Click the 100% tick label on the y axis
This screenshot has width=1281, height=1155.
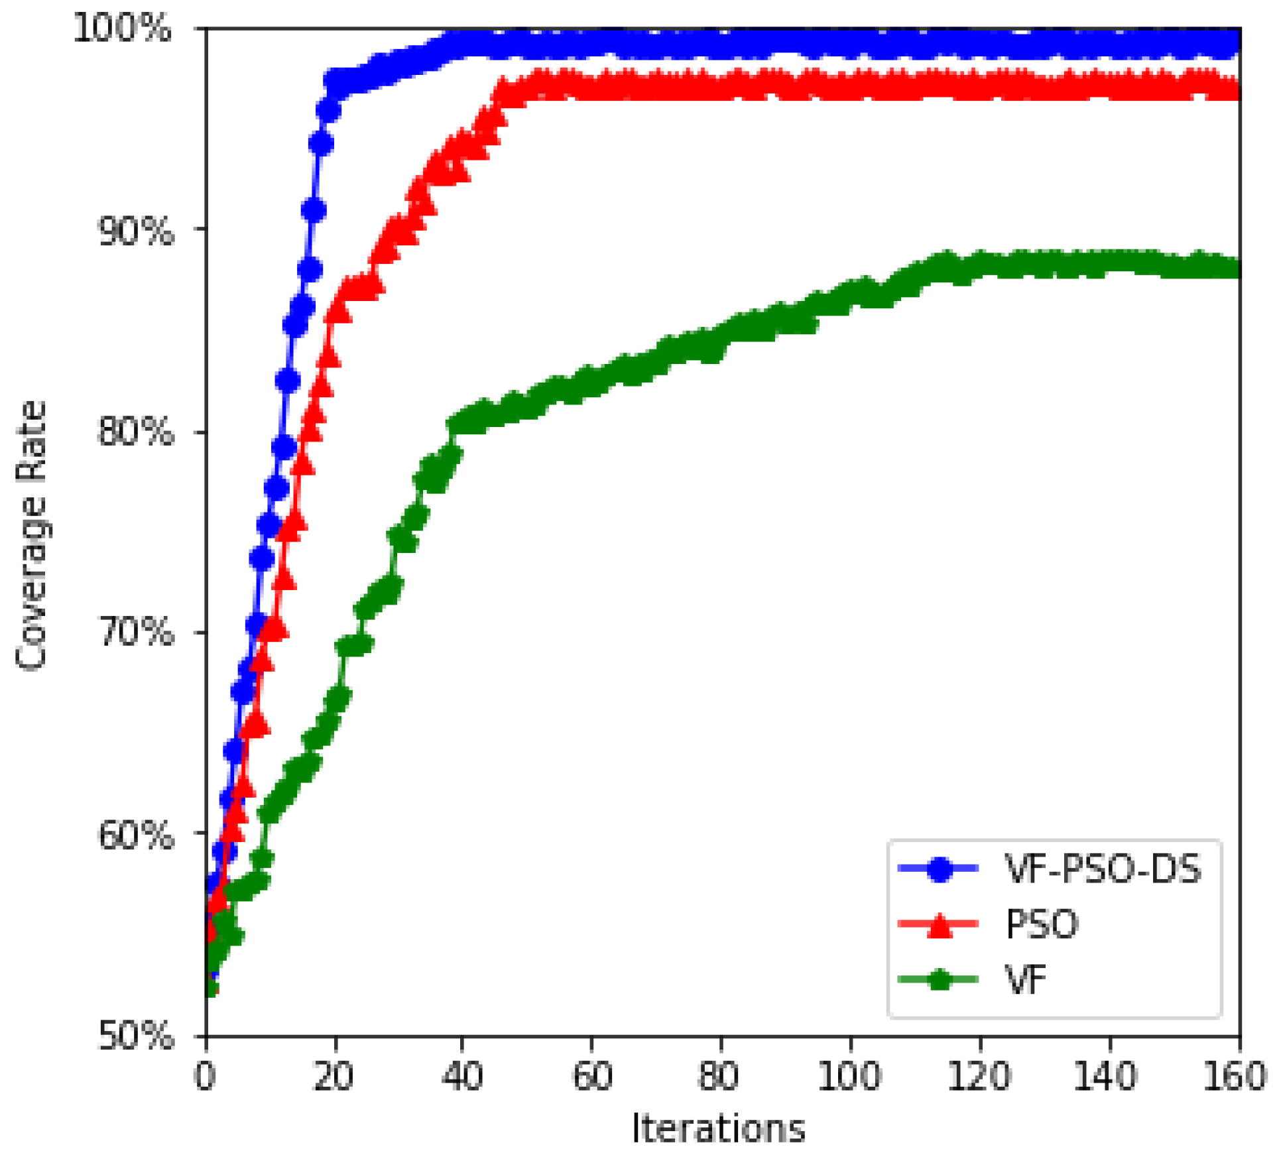click(123, 30)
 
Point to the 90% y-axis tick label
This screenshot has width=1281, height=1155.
click(135, 231)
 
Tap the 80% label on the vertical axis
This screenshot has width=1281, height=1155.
click(135, 432)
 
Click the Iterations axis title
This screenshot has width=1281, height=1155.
click(719, 1128)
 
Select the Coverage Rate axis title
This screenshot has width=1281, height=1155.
click(31, 536)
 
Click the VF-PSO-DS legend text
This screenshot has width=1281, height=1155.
click(1102, 869)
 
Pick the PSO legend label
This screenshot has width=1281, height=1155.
click(1042, 924)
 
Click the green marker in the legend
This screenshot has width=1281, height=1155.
click(939, 979)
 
